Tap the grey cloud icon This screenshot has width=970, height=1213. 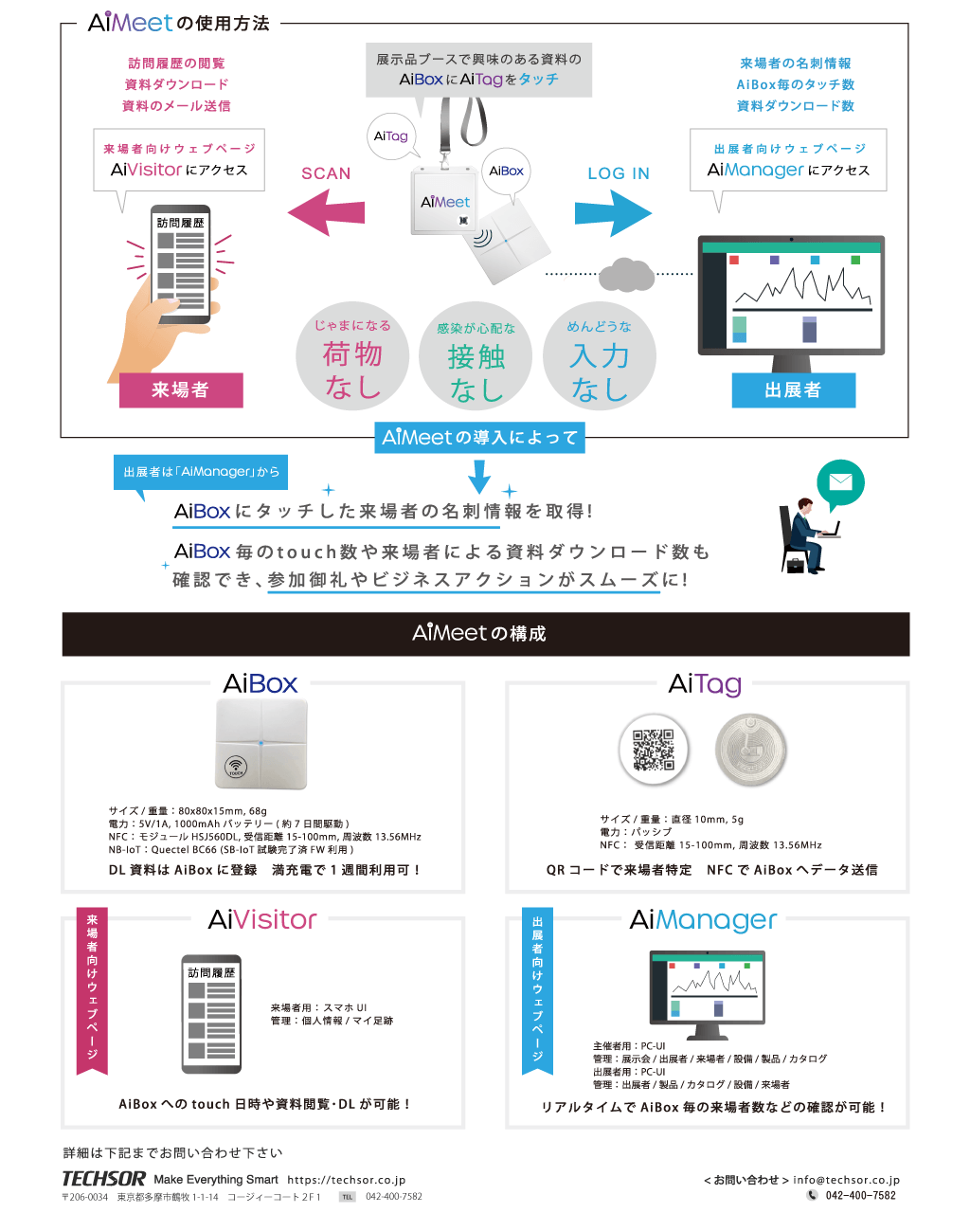tap(626, 275)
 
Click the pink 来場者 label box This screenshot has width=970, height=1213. tap(181, 389)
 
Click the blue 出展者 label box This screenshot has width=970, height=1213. tap(793, 389)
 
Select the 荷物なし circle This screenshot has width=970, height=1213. tap(352, 356)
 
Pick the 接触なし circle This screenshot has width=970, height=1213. tap(476, 357)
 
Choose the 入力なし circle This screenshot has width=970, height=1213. tap(600, 357)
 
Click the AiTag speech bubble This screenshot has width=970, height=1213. tap(391, 136)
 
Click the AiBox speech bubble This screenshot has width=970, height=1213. tap(506, 172)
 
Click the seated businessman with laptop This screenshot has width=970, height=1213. tap(805, 535)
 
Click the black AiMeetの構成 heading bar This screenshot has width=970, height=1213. tap(485, 634)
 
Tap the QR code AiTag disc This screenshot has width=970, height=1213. tap(654, 749)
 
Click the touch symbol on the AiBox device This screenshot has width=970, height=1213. tap(236, 768)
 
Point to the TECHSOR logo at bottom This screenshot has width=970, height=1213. tap(104, 1179)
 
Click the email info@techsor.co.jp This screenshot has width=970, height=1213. tap(846, 1180)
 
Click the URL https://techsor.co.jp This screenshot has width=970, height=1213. tap(346, 1180)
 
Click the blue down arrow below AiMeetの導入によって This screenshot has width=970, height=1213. tap(479, 477)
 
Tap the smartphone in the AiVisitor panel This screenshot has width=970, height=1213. tap(211, 1014)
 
